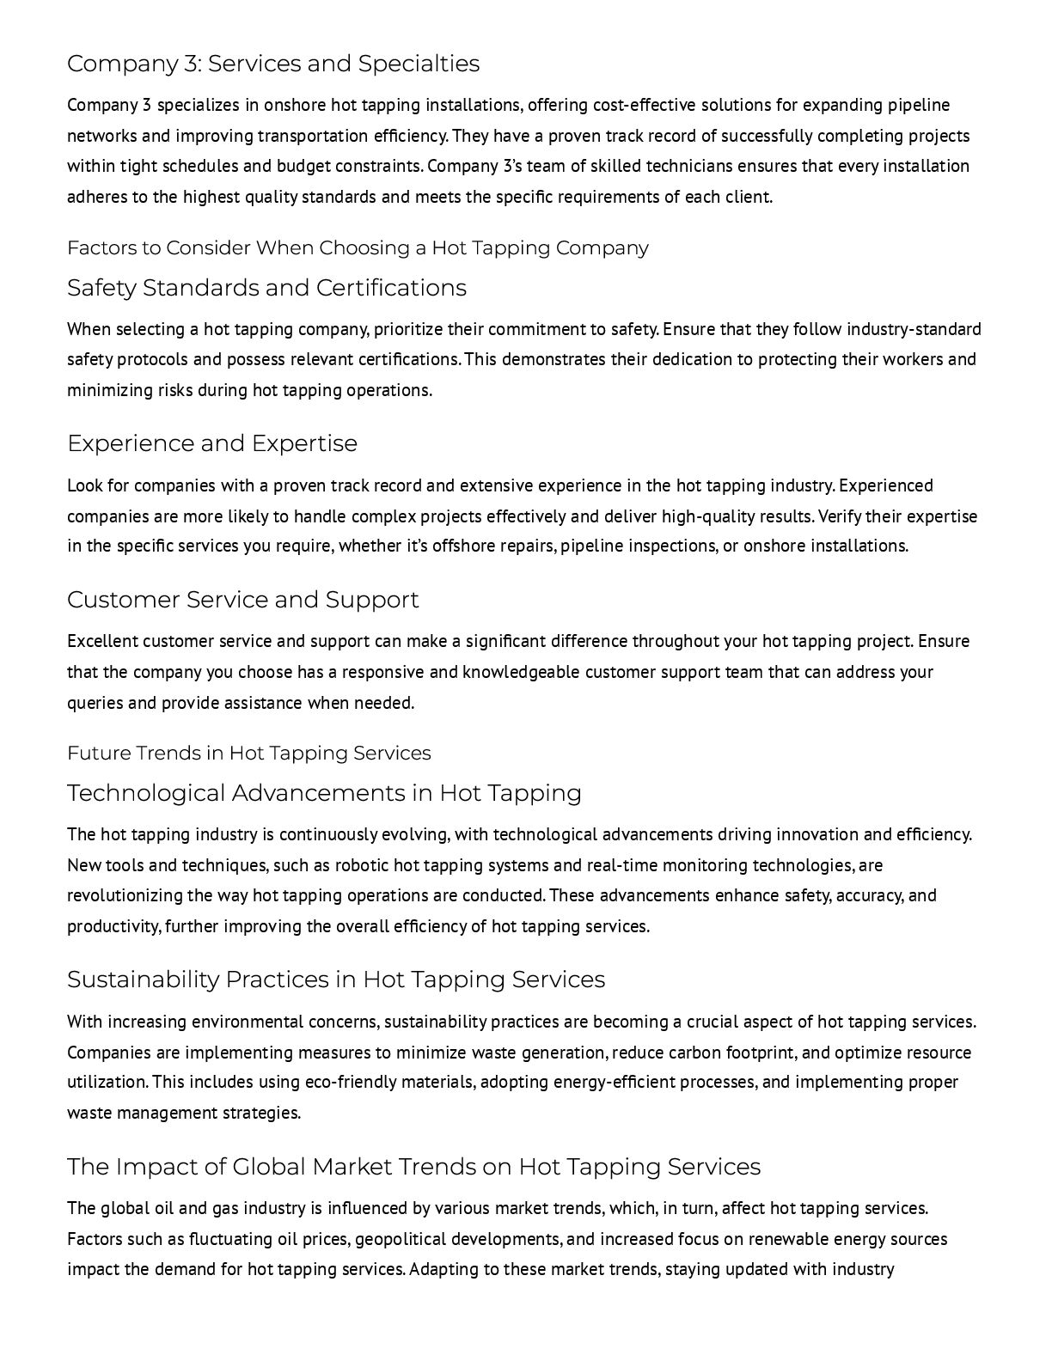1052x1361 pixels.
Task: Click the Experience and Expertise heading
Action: [212, 443]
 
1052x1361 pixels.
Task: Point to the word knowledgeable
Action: [521, 672]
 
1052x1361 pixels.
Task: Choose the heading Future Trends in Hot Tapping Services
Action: [249, 754]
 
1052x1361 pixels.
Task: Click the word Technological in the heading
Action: [146, 793]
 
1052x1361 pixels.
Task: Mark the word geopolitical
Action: [400, 1239]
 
